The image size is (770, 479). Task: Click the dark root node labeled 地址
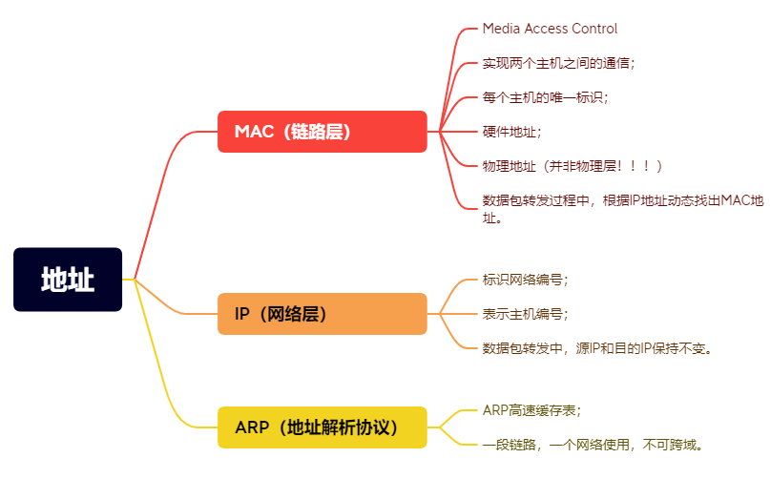(x=68, y=280)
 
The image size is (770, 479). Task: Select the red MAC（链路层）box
(x=322, y=132)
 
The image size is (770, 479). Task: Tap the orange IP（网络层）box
(x=322, y=314)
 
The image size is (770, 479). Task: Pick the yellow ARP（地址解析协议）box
(x=322, y=427)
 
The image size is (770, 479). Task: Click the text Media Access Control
(x=550, y=29)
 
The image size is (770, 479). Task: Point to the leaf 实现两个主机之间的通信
(x=558, y=63)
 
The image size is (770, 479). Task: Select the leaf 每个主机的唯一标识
(x=545, y=97)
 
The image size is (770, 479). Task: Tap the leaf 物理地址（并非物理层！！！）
(x=572, y=166)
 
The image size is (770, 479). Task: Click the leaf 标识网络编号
(x=525, y=280)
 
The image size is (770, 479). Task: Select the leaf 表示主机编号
(x=525, y=314)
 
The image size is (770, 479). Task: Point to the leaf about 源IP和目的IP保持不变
(x=598, y=348)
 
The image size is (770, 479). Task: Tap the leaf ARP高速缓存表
(x=531, y=410)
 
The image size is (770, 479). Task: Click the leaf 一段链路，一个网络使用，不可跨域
(x=593, y=445)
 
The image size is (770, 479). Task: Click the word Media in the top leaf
(x=501, y=29)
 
